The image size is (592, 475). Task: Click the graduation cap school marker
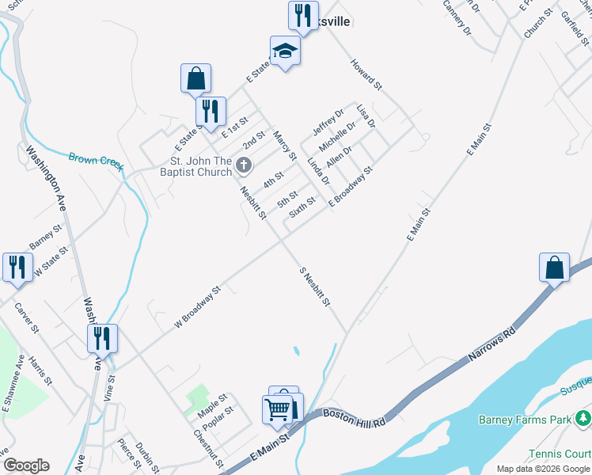(x=285, y=52)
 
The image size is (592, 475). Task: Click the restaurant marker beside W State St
(x=16, y=267)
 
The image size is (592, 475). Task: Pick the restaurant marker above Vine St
(x=102, y=339)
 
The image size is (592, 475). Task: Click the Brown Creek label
(x=96, y=161)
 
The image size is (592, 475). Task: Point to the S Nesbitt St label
(x=315, y=287)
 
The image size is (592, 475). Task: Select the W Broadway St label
(x=198, y=307)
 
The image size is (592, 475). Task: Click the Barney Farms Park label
(x=526, y=419)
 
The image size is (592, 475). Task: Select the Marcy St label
(x=284, y=146)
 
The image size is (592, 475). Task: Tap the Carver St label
(x=27, y=317)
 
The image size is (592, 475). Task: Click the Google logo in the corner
(x=26, y=465)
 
